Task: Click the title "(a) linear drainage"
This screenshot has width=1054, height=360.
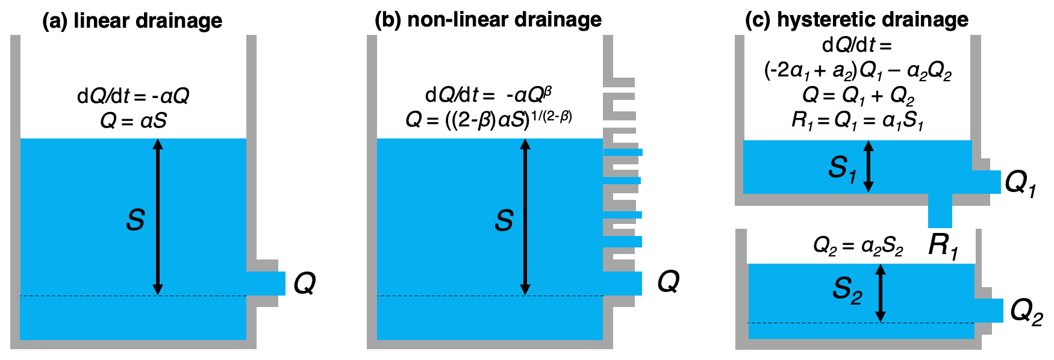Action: tap(132, 21)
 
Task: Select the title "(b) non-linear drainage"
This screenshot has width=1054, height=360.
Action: tap(488, 20)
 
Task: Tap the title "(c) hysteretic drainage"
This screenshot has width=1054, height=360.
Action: tap(856, 20)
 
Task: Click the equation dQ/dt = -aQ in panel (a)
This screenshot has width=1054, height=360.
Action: tap(133, 96)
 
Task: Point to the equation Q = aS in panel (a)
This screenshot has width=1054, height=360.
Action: tap(133, 121)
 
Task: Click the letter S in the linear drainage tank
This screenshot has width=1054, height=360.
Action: tap(135, 220)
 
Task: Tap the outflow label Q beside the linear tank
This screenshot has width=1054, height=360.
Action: tap(304, 283)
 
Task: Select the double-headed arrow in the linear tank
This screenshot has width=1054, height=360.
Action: tap(158, 217)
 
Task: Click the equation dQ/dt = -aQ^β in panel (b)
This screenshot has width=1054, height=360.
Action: tap(488, 95)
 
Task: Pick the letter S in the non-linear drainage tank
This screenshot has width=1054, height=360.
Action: tap(504, 220)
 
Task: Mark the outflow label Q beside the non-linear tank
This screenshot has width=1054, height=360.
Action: tap(668, 281)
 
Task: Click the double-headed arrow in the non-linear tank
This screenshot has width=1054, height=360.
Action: tap(525, 217)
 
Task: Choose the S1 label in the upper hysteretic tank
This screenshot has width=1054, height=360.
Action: tap(842, 168)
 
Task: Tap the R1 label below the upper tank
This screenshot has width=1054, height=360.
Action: tap(943, 245)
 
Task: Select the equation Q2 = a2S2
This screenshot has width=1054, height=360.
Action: tap(858, 246)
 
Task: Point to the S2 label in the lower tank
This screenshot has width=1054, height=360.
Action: tap(847, 290)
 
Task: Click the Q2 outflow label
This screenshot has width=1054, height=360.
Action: tap(1026, 312)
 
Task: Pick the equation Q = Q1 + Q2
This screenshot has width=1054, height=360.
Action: tap(858, 96)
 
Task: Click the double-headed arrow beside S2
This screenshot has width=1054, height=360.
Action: tap(880, 293)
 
